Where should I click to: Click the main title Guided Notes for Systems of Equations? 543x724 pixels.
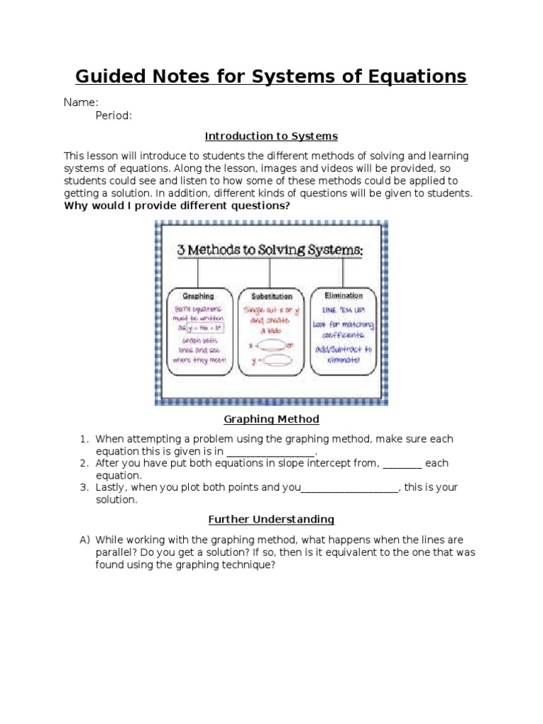(271, 76)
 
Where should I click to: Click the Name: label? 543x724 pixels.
(81, 103)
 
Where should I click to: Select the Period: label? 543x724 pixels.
(114, 116)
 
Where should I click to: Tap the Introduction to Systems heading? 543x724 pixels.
(271, 136)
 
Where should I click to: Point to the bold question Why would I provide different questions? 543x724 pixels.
(177, 206)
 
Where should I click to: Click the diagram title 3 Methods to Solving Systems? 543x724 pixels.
(271, 249)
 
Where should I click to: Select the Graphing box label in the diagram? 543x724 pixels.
(198, 296)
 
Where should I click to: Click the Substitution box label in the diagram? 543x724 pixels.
(271, 296)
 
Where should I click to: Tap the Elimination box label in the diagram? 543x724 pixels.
(343, 296)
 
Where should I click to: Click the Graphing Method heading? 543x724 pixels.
(271, 419)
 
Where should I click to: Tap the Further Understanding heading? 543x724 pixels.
(271, 520)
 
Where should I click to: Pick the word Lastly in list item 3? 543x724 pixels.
(112, 487)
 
